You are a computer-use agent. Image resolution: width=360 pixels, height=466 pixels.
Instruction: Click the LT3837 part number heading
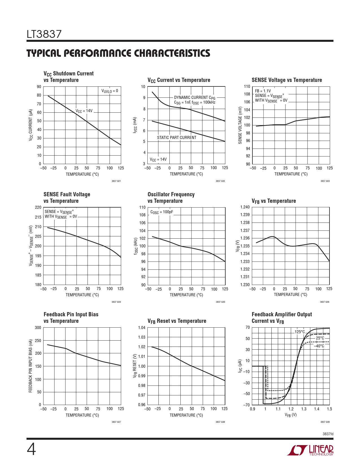44,34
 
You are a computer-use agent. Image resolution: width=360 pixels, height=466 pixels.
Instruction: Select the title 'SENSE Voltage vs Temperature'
287,80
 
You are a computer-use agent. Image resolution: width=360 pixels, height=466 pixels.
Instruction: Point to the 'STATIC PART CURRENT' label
176,138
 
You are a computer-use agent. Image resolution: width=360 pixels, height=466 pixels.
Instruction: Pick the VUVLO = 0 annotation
110,91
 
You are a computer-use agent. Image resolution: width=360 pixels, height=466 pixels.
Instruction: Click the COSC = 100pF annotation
162,212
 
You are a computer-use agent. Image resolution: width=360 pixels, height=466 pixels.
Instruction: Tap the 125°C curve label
300,332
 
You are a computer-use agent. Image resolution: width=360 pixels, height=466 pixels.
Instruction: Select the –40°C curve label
319,346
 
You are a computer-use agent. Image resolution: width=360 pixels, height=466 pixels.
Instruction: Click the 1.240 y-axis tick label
245,207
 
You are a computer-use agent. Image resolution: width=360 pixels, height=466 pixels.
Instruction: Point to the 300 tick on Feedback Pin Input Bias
38,328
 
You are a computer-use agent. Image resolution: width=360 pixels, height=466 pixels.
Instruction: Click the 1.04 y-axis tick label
142,328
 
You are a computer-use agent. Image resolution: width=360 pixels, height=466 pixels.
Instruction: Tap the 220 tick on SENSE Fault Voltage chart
38,207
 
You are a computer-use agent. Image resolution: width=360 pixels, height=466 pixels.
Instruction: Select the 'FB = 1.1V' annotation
263,91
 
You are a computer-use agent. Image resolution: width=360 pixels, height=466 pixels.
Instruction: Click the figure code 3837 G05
220,302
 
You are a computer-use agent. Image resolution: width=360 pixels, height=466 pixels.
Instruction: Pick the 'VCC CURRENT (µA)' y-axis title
31,125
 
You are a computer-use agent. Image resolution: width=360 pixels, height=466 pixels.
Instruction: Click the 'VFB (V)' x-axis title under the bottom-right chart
291,415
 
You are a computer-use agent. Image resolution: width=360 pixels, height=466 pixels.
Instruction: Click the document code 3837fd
328,434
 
